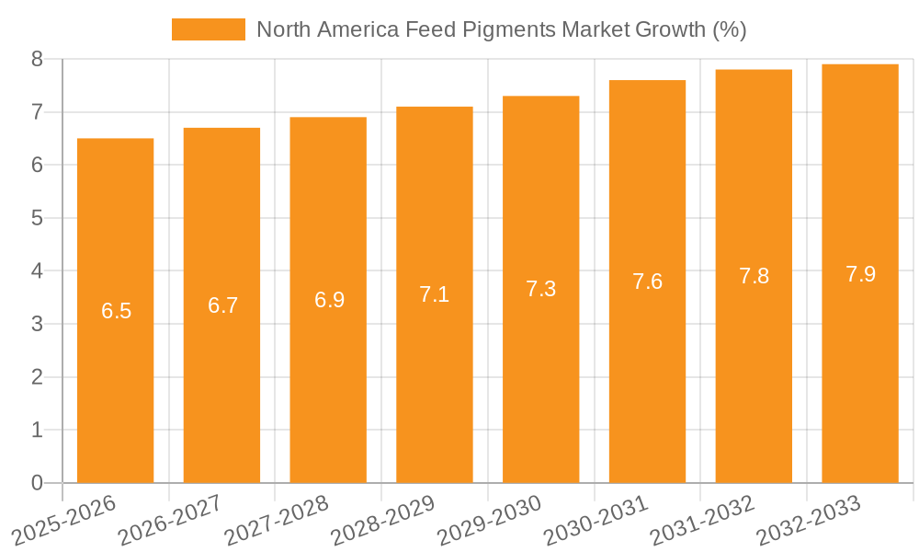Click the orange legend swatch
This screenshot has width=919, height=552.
(x=209, y=29)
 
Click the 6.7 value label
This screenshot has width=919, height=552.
(x=222, y=305)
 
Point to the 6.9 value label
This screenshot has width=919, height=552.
(x=329, y=300)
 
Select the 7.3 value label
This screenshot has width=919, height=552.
(x=541, y=289)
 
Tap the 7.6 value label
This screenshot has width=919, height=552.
(x=648, y=282)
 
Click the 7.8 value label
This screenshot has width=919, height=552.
(x=754, y=276)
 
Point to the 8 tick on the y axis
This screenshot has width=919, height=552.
(x=37, y=59)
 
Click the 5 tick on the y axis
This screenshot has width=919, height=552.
(x=37, y=218)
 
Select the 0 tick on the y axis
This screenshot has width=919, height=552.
(x=37, y=483)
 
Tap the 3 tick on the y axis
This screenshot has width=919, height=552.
(x=37, y=324)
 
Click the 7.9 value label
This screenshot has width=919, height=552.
(x=860, y=273)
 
